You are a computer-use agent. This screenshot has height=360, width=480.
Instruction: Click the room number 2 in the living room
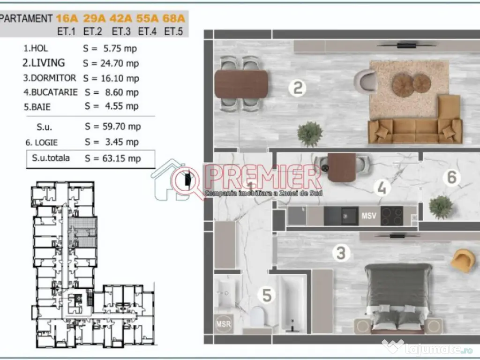pyautogui.click(x=297, y=88)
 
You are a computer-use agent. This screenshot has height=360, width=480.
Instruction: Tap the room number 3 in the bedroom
pyautogui.click(x=341, y=254)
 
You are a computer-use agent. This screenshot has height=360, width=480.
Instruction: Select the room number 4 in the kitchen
pyautogui.click(x=382, y=188)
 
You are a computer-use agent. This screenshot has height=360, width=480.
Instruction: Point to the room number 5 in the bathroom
pyautogui.click(x=267, y=295)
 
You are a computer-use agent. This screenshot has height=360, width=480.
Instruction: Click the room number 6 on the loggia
pyautogui.click(x=451, y=177)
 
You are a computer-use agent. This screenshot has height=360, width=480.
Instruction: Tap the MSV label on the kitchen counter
pyautogui.click(x=368, y=217)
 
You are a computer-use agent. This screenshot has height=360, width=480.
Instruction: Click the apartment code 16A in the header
pyautogui.click(x=67, y=19)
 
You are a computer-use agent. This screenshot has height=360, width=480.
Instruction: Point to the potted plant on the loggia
pyautogui.click(x=441, y=206)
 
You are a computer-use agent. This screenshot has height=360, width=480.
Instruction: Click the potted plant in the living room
pyautogui.click(x=310, y=133)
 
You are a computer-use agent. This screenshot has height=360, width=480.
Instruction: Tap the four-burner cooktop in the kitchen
pyautogui.click(x=392, y=216)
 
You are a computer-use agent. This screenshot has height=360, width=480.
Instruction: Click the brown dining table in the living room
pyautogui.click(x=241, y=84)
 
